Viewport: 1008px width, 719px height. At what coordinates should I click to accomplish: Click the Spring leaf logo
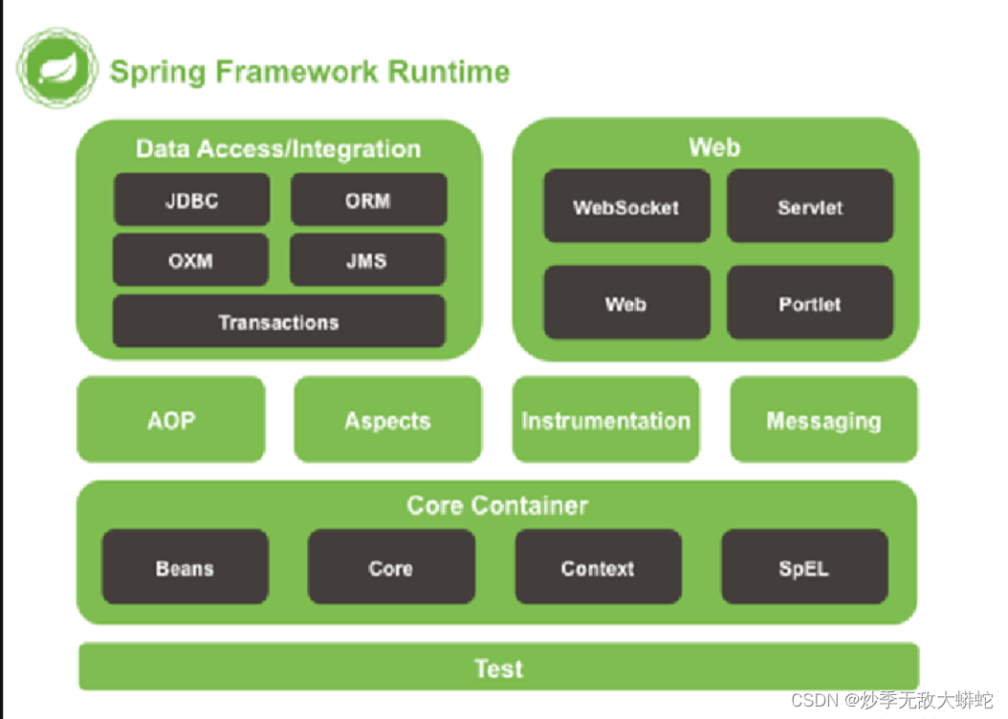pos(57,68)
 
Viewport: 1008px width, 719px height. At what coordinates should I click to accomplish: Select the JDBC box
pos(191,199)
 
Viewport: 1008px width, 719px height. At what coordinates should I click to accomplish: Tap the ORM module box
pos(368,199)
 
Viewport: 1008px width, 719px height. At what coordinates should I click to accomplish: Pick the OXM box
pos(190,259)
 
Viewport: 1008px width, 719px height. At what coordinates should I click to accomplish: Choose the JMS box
pos(367,259)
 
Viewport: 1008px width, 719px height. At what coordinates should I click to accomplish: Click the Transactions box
pos(278,321)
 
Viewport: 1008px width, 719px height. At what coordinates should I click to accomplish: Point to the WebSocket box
pos(626,207)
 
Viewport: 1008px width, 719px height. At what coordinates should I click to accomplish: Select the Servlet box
pos(810,207)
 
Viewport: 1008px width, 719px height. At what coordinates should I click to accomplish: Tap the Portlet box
pos(810,303)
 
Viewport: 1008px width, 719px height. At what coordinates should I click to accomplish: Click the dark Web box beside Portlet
pos(626,303)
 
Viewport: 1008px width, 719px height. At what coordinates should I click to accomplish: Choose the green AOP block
pos(171,420)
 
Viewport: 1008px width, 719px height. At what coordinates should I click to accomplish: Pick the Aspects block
pos(387,420)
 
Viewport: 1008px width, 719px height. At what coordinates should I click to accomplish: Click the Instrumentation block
pos(605,420)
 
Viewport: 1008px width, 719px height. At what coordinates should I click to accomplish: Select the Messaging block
pos(823,420)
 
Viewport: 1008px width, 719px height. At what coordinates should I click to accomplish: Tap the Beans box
pos(186,567)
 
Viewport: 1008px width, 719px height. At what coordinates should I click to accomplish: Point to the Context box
pos(598,567)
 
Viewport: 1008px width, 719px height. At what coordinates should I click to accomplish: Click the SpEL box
pos(805,567)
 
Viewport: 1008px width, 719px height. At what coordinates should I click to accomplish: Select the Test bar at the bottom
pos(499,667)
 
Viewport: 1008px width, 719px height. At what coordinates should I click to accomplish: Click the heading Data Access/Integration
pos(278,149)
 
